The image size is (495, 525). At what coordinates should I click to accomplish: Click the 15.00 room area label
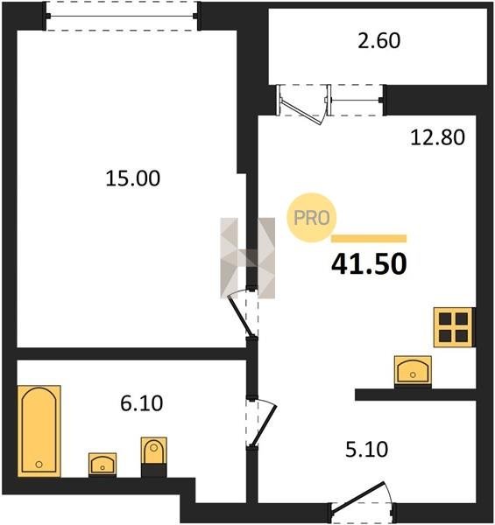[132, 178]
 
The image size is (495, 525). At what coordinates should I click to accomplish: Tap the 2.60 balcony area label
[378, 40]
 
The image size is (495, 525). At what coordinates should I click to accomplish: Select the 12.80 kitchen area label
[438, 137]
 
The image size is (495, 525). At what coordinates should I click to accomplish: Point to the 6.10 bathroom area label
[141, 402]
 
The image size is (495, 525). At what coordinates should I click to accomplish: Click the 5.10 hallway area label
[366, 449]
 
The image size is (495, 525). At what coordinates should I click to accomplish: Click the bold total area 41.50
[369, 264]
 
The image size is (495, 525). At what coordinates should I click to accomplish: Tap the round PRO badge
[311, 218]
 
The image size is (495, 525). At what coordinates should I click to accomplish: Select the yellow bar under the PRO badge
[369, 238]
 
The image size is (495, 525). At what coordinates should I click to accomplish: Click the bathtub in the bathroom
[39, 430]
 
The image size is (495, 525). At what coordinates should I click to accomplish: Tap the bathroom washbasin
[103, 465]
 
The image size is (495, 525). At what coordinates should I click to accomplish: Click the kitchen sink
[413, 371]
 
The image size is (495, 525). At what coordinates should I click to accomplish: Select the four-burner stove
[454, 327]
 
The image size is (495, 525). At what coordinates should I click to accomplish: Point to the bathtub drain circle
[39, 465]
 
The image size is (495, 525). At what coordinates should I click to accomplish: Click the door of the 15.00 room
[240, 315]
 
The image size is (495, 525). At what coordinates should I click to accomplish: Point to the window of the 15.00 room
[123, 16]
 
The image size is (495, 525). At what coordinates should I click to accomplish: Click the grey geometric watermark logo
[248, 258]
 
